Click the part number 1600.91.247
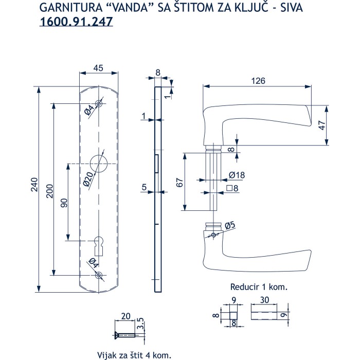76,22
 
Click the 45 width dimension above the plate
98,68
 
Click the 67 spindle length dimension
179,182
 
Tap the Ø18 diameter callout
237,175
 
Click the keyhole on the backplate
98,244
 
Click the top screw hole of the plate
98,103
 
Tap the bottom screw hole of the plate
98,275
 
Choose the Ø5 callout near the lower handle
230,224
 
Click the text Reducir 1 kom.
258,287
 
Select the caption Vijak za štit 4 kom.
133,355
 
